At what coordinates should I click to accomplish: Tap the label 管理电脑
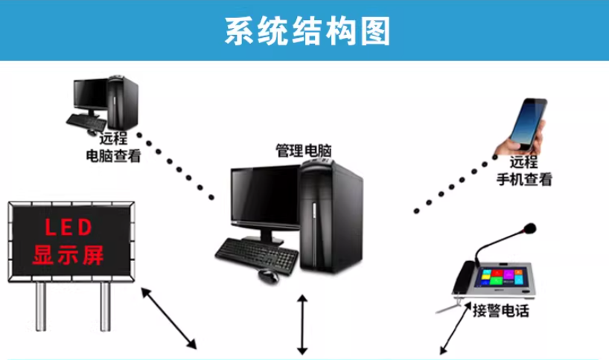click(x=303, y=151)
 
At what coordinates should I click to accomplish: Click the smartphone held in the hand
click(x=530, y=123)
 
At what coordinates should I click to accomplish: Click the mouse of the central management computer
click(x=270, y=276)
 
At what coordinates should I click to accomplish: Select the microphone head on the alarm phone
click(x=529, y=226)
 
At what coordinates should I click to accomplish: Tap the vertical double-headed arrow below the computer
click(x=302, y=324)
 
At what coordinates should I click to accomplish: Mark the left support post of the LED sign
click(x=41, y=313)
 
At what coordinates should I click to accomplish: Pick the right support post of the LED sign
click(x=105, y=313)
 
